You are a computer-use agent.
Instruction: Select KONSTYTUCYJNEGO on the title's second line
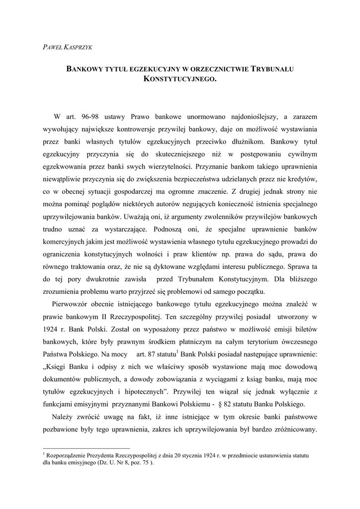tap(180, 79)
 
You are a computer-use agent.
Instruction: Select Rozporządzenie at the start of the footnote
tap(70, 455)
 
